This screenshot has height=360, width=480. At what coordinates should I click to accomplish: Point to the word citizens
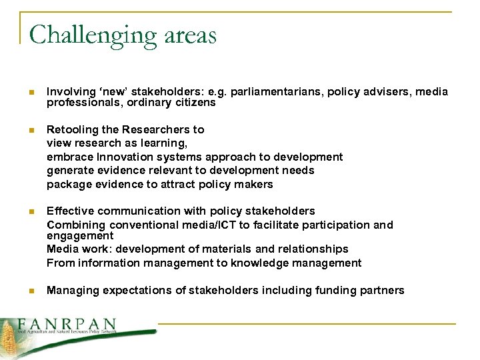click(195, 103)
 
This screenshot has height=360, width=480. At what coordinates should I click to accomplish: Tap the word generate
click(69, 171)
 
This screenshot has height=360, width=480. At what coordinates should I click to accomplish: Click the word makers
click(252, 184)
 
